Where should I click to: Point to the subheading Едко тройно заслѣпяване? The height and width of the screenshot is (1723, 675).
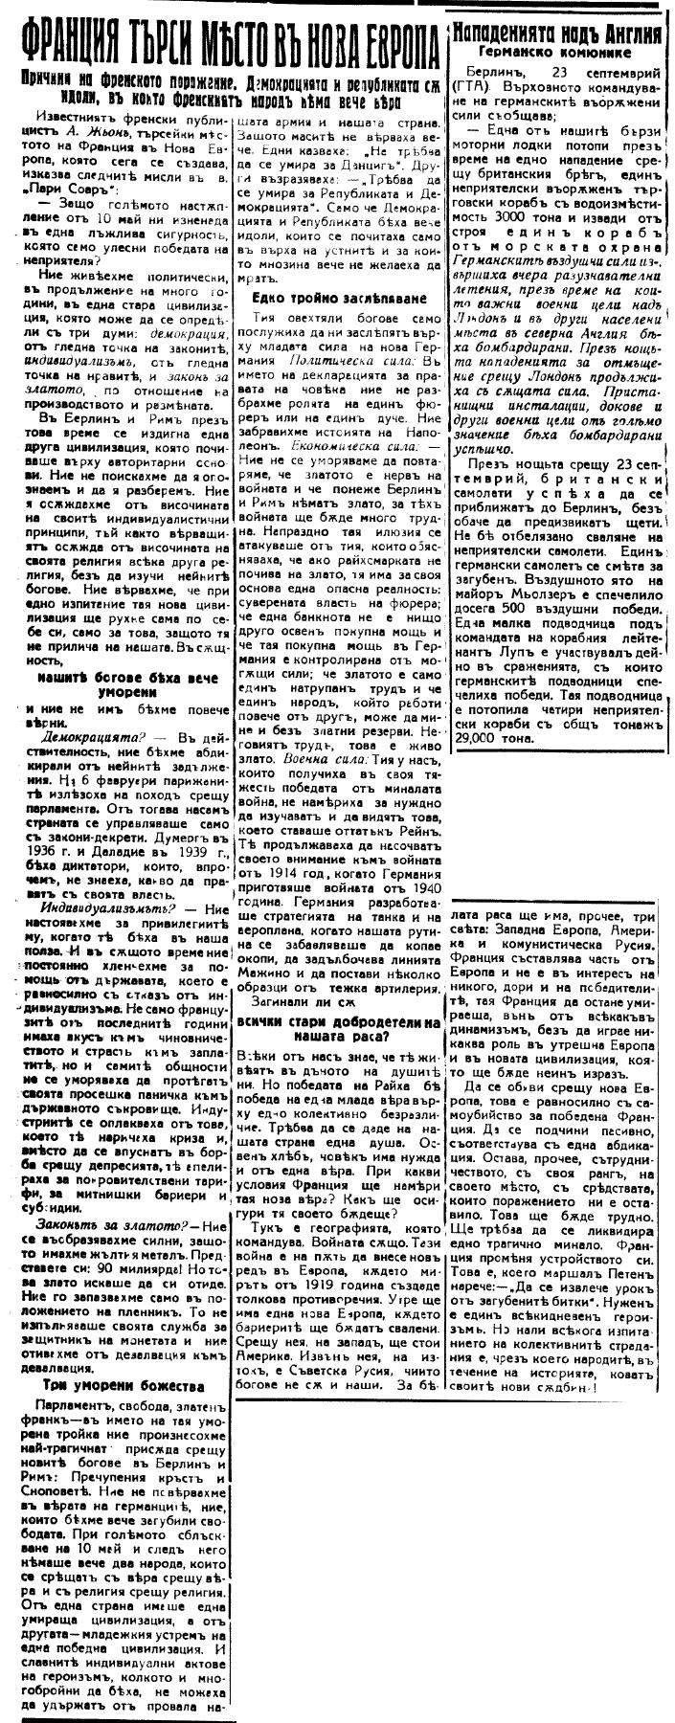click(329, 297)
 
